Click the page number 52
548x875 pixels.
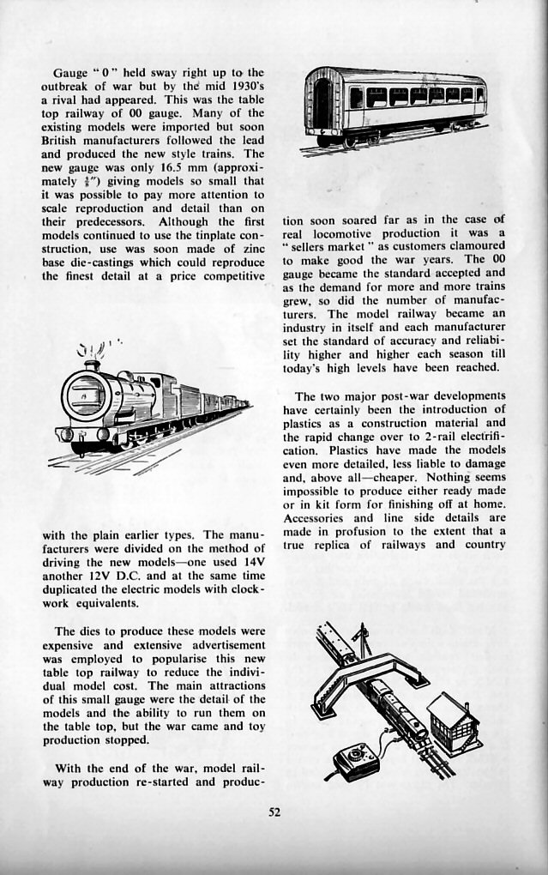pos(274,813)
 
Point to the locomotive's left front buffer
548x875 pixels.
pos(65,434)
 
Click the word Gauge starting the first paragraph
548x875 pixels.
pos(70,71)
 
